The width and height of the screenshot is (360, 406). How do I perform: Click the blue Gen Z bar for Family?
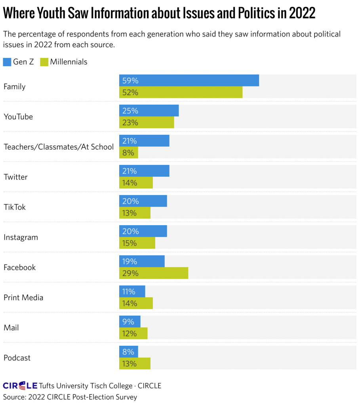pyautogui.click(x=189, y=80)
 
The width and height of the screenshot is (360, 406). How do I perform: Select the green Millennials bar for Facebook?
pyautogui.click(x=154, y=273)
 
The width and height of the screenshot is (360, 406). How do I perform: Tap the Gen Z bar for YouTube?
pyautogui.click(x=149, y=111)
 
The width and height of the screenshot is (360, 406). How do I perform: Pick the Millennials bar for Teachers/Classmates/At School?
pyautogui.click(x=129, y=153)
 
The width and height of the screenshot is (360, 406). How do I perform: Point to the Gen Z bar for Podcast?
pyautogui.click(x=129, y=352)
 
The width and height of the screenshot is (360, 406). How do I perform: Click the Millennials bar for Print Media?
pyautogui.click(x=136, y=303)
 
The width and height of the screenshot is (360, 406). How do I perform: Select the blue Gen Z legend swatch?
pyautogui.click(x=8, y=62)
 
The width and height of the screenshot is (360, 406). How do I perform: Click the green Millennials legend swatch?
pyautogui.click(x=44, y=62)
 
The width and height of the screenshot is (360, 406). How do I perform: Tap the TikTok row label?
pyautogui.click(x=15, y=207)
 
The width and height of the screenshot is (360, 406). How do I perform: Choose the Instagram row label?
pyautogui.click(x=21, y=237)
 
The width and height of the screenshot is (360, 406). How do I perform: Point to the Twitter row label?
pyautogui.click(x=15, y=177)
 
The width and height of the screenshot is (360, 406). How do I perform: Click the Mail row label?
pyautogui.click(x=11, y=327)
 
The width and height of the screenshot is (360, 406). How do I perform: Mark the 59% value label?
pyautogui.click(x=130, y=80)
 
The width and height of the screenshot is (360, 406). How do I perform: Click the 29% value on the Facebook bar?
pyautogui.click(x=130, y=273)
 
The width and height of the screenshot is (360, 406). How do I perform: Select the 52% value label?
pyautogui.click(x=130, y=92)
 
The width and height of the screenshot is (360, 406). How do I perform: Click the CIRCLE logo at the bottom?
pyautogui.click(x=20, y=385)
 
